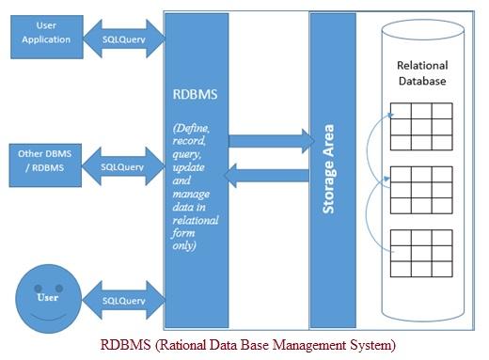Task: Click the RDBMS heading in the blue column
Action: [195, 95]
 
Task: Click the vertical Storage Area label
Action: [329, 166]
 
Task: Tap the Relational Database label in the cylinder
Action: [422, 73]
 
